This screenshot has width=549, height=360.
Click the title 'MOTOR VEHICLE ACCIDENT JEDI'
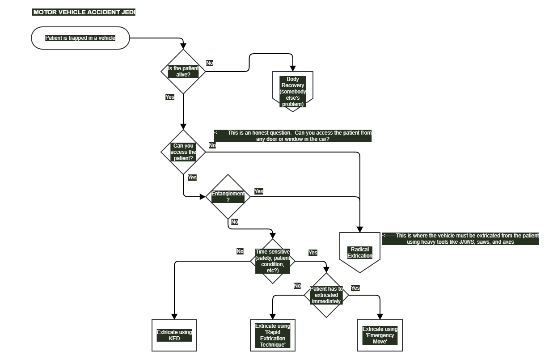click(x=84, y=12)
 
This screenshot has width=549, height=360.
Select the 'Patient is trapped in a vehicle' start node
click(x=80, y=38)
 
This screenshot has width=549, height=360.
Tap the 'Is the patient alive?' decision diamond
click(x=183, y=72)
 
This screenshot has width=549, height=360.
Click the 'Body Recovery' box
click(x=293, y=92)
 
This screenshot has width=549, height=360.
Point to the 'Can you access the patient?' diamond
click(x=183, y=152)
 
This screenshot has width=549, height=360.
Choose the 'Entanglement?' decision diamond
click(x=228, y=197)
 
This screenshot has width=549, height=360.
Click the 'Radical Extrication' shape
click(x=360, y=253)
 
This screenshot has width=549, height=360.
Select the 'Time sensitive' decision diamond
click(x=273, y=261)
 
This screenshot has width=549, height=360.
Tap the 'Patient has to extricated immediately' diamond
click(x=326, y=295)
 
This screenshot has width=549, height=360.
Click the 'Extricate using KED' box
click(x=174, y=335)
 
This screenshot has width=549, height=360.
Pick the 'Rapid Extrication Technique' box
click(x=273, y=335)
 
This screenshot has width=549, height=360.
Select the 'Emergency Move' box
click(x=380, y=335)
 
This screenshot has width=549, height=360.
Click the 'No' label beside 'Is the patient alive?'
click(x=210, y=63)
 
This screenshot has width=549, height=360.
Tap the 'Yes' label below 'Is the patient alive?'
click(x=170, y=97)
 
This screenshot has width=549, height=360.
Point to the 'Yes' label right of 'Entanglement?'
click(x=259, y=191)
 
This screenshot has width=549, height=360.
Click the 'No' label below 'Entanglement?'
click(x=235, y=222)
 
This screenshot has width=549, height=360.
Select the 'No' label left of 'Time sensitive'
click(x=240, y=251)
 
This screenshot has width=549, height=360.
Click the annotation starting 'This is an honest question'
click(x=293, y=136)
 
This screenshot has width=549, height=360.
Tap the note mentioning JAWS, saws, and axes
click(x=460, y=239)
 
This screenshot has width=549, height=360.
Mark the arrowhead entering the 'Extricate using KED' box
click(x=174, y=317)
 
